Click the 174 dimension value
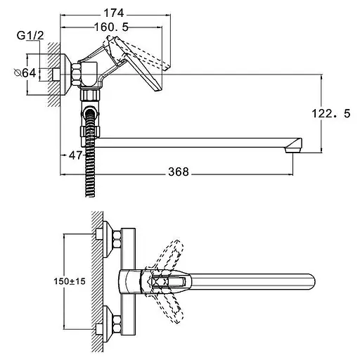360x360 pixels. [x=113, y=13]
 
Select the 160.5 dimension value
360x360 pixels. [x=111, y=27]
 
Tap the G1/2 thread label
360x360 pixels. [x=30, y=36]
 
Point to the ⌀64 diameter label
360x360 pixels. [x=25, y=73]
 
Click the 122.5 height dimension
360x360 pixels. [x=331, y=114]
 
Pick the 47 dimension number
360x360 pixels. [x=76, y=155]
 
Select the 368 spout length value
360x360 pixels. [x=179, y=172]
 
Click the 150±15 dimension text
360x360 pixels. [x=70, y=281]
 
